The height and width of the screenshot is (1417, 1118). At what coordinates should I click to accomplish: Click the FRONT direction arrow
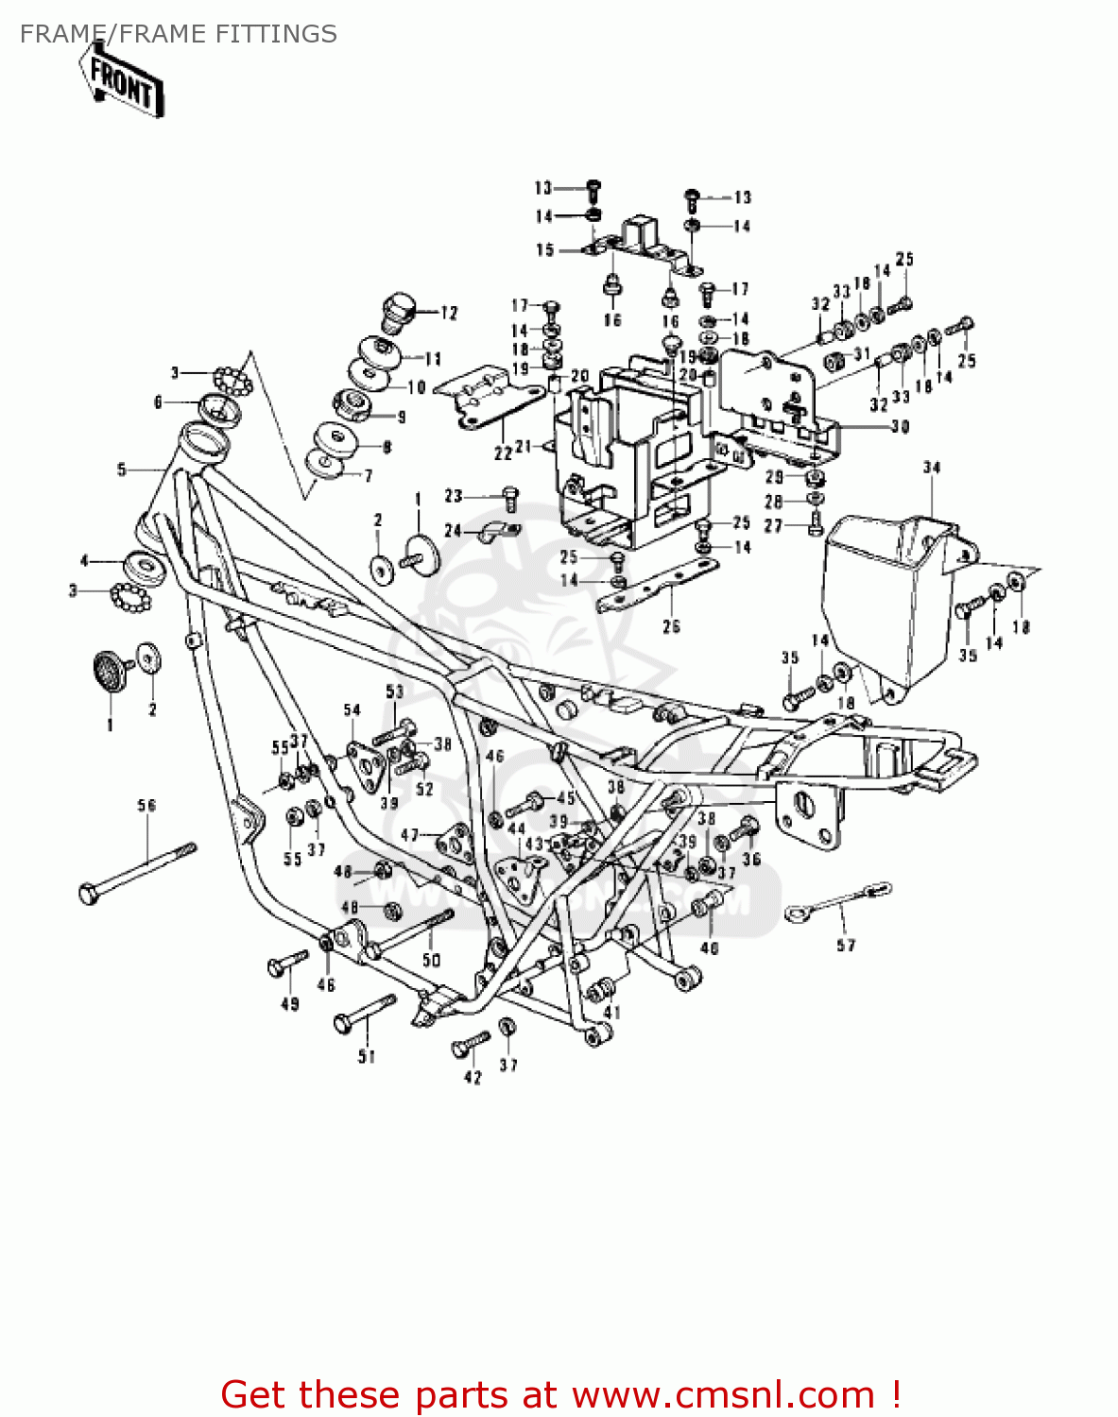[x=121, y=83]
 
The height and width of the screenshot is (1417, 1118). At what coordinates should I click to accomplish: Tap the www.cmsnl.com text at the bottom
[x=724, y=1394]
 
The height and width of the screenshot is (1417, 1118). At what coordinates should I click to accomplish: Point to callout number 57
[x=846, y=945]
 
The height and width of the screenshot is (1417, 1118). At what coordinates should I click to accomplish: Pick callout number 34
[x=932, y=468]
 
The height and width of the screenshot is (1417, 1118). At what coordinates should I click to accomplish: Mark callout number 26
[x=671, y=625]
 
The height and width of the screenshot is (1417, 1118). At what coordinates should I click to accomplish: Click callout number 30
[x=900, y=427]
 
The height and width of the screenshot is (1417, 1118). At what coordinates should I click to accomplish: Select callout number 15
[x=545, y=250]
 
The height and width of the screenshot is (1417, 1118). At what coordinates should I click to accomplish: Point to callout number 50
[x=431, y=960]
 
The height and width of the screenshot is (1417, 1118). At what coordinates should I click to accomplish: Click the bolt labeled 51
[x=364, y=1013]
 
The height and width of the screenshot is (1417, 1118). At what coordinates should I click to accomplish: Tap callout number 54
[x=352, y=710]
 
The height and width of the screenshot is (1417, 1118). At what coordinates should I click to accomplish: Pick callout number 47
[x=409, y=835]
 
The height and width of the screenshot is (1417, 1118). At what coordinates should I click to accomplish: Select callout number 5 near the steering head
[x=121, y=469]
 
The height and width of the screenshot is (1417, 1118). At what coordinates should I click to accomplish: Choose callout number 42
[x=473, y=1078]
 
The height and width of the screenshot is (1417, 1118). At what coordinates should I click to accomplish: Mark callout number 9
[x=402, y=417]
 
